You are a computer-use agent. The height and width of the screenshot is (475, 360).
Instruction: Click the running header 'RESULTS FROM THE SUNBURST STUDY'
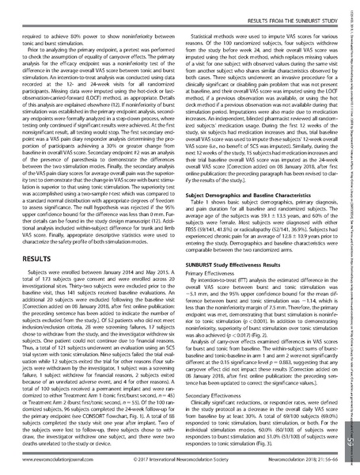point(287,7)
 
